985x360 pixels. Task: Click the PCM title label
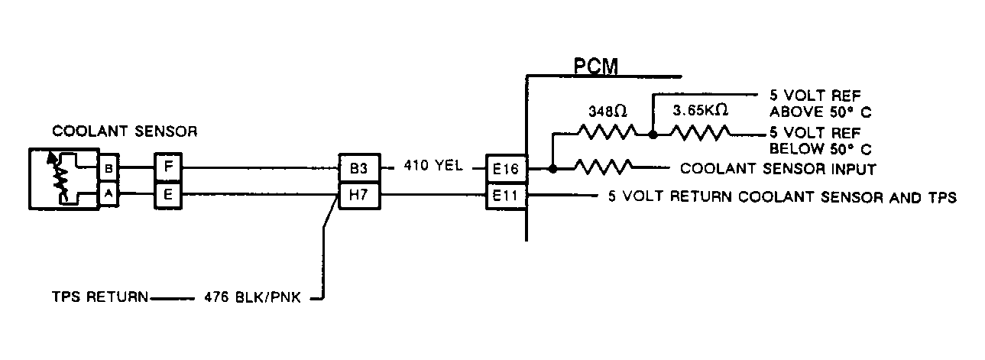pos(596,66)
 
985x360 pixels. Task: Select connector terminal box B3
pos(360,167)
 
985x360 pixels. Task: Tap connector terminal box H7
pos(360,195)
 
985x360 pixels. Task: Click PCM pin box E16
pos(506,168)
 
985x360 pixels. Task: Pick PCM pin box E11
pos(506,196)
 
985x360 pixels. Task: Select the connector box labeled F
pos(168,167)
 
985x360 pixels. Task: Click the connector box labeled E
pos(168,195)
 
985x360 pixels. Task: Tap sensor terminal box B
pos(109,167)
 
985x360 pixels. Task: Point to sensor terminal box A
pos(109,194)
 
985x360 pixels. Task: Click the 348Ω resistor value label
pos(608,112)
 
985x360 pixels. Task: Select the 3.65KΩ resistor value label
pos(700,110)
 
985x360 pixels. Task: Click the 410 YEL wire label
pos(433,165)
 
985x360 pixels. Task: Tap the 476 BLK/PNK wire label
pos(252,297)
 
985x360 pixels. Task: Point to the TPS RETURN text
pos(100,297)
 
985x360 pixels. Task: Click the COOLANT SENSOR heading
pos(125,131)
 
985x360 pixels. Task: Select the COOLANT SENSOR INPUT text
pos(778,169)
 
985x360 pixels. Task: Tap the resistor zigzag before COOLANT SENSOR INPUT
pos(604,167)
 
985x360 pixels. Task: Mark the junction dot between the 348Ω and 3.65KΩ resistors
pos(653,135)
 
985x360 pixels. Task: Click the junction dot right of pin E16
pos(553,168)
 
